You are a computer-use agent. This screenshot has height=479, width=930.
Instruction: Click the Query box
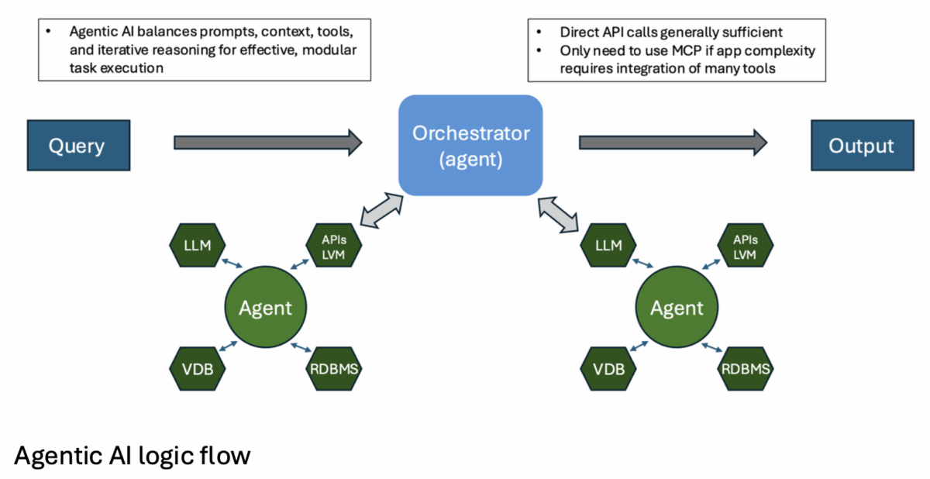tap(77, 145)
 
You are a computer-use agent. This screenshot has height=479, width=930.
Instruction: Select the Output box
tap(861, 145)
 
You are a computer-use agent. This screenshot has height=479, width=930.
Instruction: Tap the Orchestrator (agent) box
tap(470, 145)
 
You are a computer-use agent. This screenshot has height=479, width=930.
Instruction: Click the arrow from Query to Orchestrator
tap(267, 142)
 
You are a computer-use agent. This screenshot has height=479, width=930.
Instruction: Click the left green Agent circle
tap(265, 308)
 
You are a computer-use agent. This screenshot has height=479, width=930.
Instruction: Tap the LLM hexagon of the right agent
tap(608, 246)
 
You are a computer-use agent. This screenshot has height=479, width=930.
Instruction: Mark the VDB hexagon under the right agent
tap(608, 368)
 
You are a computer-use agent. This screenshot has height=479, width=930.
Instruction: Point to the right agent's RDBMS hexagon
tap(746, 368)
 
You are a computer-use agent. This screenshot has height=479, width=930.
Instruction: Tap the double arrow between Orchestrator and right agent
tap(557, 214)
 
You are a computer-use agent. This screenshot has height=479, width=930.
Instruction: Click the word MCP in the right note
tap(677, 51)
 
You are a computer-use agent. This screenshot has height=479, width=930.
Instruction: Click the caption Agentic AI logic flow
tap(132, 455)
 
